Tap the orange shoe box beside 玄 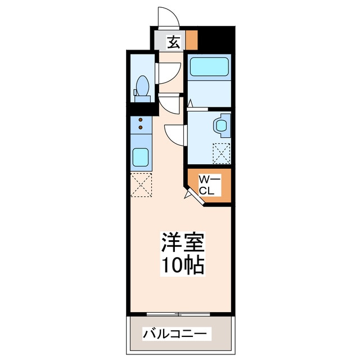pos(192,40)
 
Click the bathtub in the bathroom pos(208,68)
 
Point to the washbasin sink pos(221,125)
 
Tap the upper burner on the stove pos(141,120)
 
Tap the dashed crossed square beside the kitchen pos(141,184)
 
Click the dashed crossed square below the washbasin pos(222,152)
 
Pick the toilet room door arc pos(169,72)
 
